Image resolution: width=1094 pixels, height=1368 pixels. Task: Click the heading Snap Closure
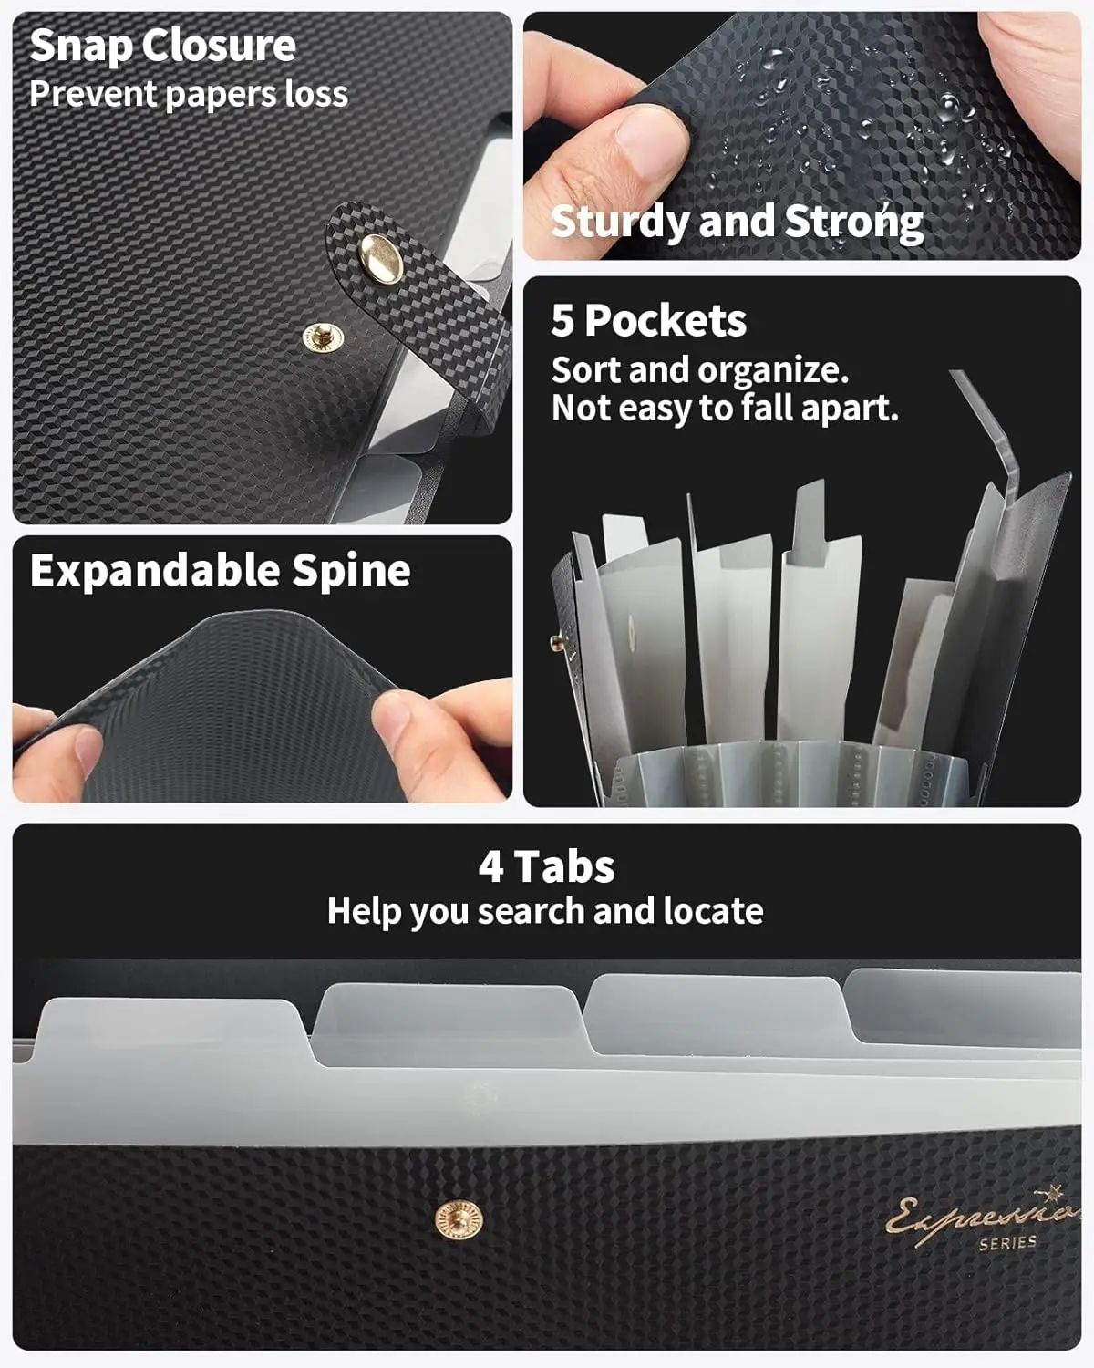(x=162, y=46)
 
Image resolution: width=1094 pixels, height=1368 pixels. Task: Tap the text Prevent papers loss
(x=188, y=94)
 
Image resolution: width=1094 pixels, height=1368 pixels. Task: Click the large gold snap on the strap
(x=381, y=254)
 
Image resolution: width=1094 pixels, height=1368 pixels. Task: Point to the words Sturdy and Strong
(x=737, y=222)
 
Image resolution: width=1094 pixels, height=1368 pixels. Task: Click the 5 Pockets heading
(x=648, y=320)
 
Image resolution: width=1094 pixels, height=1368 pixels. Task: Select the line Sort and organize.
(x=699, y=370)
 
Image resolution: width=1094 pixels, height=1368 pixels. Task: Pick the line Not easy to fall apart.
(x=725, y=408)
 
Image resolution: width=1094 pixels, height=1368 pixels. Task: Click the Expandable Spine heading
(x=220, y=571)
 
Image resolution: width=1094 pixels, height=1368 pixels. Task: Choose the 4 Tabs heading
(x=546, y=866)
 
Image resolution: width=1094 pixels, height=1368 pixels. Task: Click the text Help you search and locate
(x=545, y=911)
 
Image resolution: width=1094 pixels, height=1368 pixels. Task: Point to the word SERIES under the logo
(x=1007, y=1242)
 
